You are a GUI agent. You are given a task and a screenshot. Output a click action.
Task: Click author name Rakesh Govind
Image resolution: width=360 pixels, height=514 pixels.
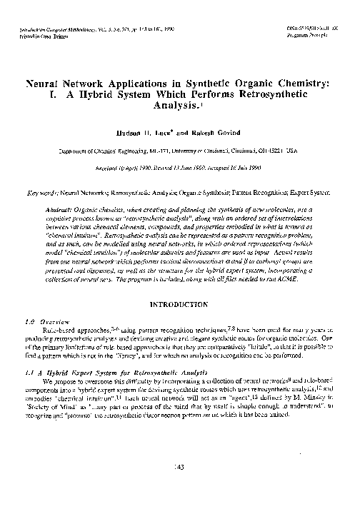214,133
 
